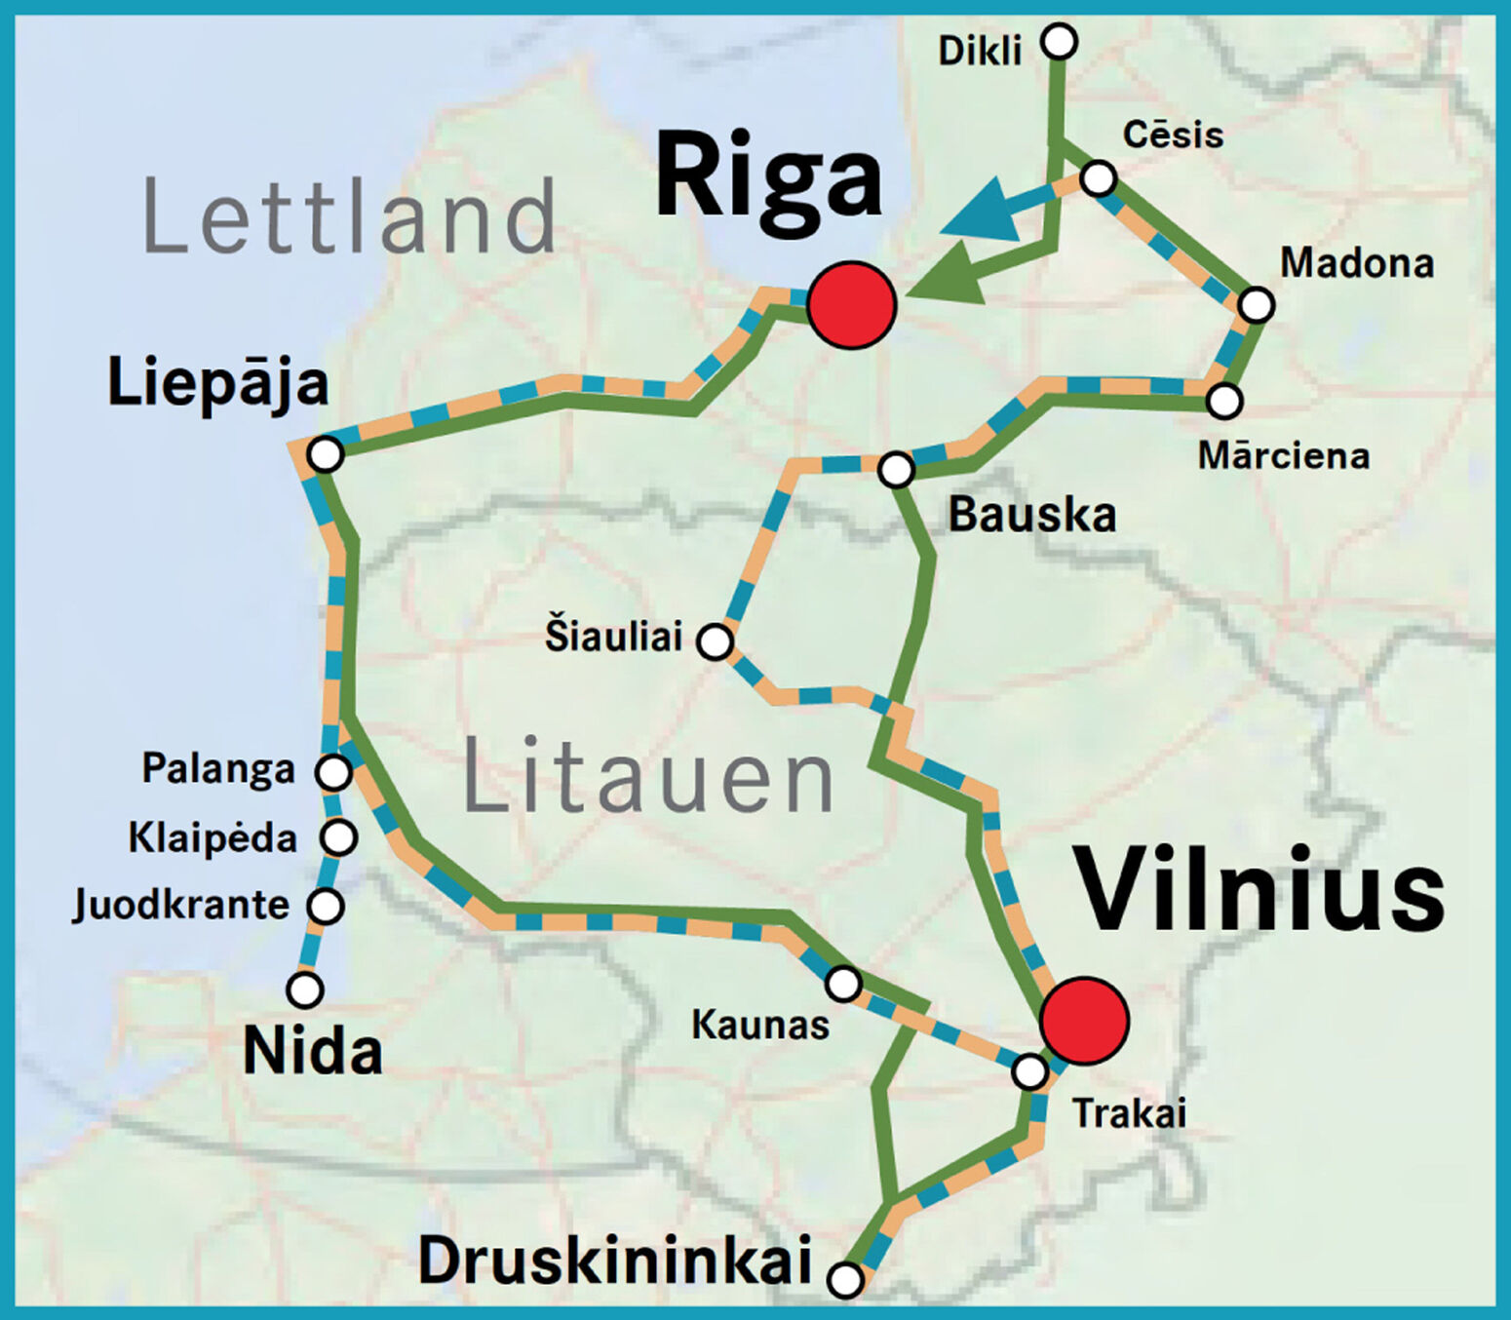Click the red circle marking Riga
tap(851, 305)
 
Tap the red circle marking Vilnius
tap(1084, 1021)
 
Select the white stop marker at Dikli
tap(1059, 42)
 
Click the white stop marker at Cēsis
tap(1099, 178)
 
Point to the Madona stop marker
tap(1257, 305)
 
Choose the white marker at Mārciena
tap(1224, 401)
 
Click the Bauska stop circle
tap(896, 470)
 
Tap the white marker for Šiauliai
tap(716, 641)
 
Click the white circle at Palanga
tap(333, 772)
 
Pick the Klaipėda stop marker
tap(339, 836)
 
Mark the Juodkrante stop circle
tap(326, 906)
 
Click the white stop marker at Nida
tap(305, 990)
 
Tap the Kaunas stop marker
tap(843, 984)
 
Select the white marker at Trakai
tap(1029, 1072)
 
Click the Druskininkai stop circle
tap(845, 1279)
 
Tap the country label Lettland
tap(349, 216)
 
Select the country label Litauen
tap(648, 776)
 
